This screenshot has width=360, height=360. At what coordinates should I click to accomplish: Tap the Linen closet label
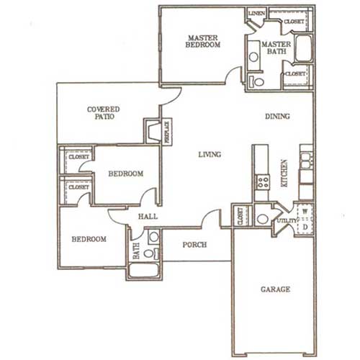tap(255, 14)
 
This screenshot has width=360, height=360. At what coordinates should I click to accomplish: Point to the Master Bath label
tap(276, 47)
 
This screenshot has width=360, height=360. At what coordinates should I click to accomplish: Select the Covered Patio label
tap(103, 114)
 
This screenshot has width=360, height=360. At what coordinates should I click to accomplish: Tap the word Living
tap(209, 154)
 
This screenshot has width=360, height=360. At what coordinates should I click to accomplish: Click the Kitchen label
tap(284, 174)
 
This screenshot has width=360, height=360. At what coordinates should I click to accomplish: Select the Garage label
tap(274, 289)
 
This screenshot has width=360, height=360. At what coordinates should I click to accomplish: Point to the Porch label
tap(194, 245)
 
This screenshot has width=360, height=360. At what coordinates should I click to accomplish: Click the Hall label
tap(148, 217)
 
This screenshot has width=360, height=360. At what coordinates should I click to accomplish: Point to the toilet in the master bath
tap(256, 81)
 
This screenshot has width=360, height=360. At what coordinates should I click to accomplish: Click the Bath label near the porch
tap(135, 253)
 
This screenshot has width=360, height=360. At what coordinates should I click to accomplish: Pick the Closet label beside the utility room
tap(240, 215)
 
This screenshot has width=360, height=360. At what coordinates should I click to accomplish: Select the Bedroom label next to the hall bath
tap(89, 239)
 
